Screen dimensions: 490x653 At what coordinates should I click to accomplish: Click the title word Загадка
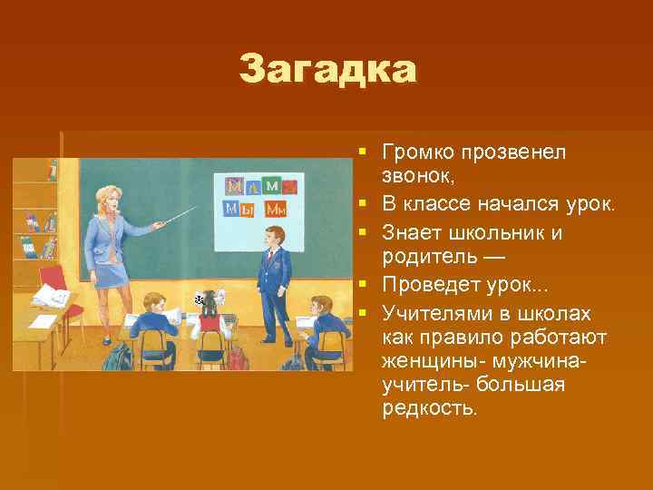point(327,69)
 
